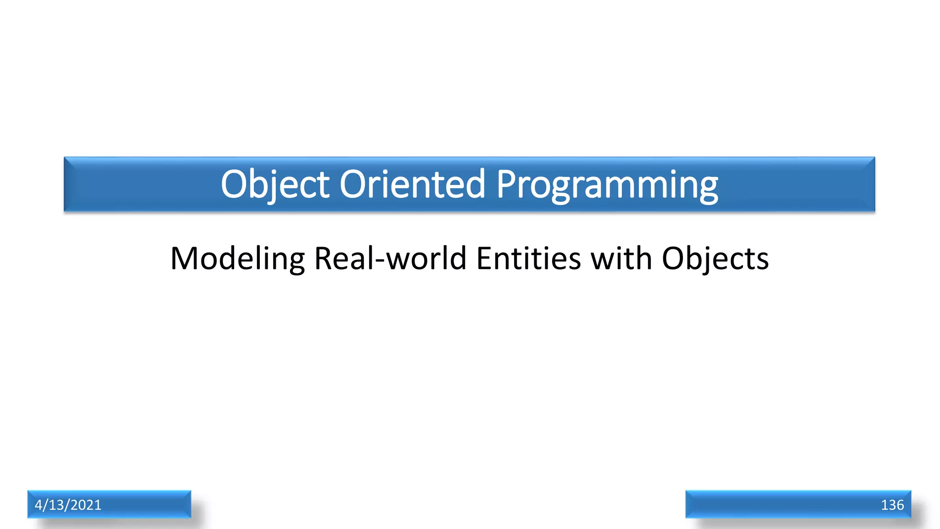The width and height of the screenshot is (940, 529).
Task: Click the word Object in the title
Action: [x=275, y=184]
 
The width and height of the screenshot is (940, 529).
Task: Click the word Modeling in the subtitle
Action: [x=237, y=259]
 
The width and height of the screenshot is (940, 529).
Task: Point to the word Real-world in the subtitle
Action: [x=390, y=259]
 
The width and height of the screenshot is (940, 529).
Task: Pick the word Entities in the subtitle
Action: [x=528, y=259]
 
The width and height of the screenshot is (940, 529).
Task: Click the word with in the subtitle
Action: [x=621, y=259]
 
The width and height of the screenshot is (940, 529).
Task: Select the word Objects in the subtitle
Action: [x=715, y=259]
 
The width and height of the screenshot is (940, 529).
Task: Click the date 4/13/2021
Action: [x=68, y=505]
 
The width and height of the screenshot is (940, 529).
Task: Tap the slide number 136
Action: [x=892, y=505]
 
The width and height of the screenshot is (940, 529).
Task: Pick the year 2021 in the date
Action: [x=86, y=505]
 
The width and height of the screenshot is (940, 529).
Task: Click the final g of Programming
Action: [x=707, y=188]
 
